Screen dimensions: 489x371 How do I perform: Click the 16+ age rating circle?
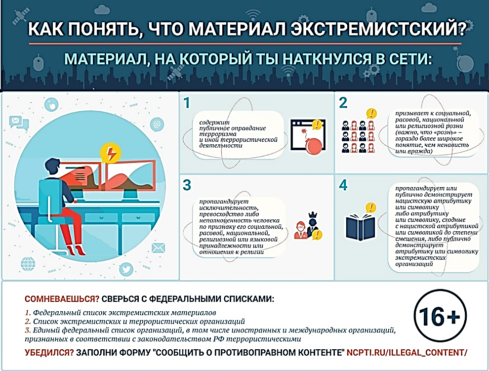click(x=440, y=316)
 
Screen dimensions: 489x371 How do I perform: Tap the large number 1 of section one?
click(x=187, y=103)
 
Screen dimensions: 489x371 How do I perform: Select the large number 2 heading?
click(x=343, y=103)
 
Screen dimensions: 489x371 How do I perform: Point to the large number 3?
click(x=187, y=185)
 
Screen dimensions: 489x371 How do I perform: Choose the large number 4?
click(x=343, y=185)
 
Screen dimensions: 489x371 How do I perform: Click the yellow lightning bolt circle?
click(x=110, y=153)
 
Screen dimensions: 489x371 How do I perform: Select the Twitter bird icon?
click(x=126, y=269)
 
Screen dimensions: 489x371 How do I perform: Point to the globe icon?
click(x=28, y=264)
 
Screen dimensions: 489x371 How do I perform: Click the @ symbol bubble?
click(x=157, y=124)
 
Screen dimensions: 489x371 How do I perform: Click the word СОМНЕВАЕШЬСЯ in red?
click(x=62, y=299)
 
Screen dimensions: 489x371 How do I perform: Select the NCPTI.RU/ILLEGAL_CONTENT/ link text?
click(x=407, y=353)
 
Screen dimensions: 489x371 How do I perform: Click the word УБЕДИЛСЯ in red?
click(x=49, y=353)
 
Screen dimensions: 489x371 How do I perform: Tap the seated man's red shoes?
click(x=77, y=250)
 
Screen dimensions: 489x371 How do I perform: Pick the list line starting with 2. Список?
click(x=135, y=322)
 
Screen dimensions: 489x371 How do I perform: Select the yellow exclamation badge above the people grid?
click(x=371, y=114)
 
